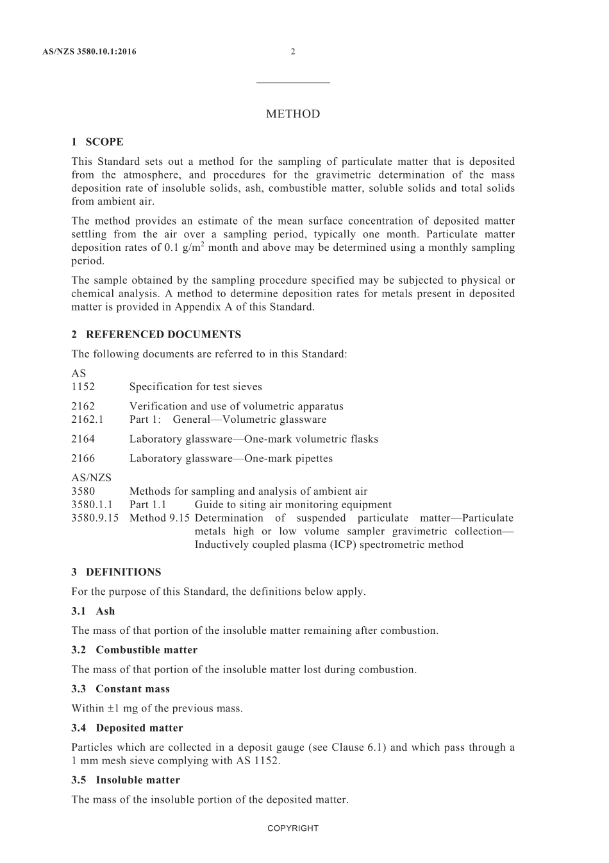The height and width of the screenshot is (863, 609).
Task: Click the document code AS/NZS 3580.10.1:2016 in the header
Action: (x=89, y=52)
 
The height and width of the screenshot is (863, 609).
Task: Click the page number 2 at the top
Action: (x=293, y=52)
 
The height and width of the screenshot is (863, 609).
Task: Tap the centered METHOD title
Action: (x=293, y=114)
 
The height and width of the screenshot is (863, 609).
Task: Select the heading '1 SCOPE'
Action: (x=97, y=142)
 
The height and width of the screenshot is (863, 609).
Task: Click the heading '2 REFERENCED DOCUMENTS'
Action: (x=156, y=334)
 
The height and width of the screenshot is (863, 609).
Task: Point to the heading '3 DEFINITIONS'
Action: (x=116, y=572)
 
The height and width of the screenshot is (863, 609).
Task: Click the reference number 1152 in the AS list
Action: (x=83, y=386)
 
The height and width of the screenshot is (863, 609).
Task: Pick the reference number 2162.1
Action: (x=87, y=419)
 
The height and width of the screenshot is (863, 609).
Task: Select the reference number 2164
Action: (x=83, y=439)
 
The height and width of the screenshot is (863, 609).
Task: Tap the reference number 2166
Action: (x=83, y=458)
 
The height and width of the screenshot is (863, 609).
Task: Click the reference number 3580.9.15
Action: (x=95, y=518)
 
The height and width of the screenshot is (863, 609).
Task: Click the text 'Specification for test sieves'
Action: (x=196, y=386)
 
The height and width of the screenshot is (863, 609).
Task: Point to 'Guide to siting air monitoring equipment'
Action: (x=293, y=504)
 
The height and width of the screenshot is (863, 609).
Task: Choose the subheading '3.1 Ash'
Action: (x=93, y=611)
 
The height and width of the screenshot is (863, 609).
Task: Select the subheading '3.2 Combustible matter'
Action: (x=135, y=649)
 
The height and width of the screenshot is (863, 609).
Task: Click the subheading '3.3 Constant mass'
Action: (x=121, y=688)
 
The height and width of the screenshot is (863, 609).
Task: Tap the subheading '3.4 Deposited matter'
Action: (x=127, y=728)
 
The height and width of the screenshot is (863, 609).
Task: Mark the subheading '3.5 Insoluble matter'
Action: (x=126, y=780)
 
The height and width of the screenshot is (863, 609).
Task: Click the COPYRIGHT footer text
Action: (x=293, y=828)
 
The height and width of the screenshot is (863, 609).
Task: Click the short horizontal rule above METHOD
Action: (x=293, y=83)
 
